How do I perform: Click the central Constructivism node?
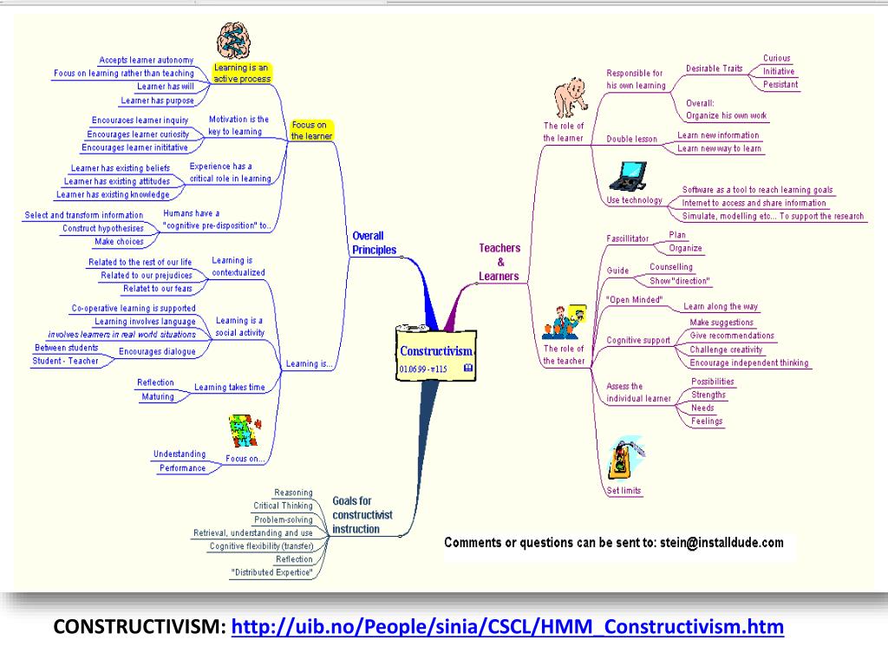click(x=435, y=354)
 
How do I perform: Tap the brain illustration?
click(x=234, y=41)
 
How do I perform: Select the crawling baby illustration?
click(x=571, y=97)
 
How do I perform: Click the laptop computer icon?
click(x=628, y=177)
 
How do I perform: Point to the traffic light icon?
click(x=624, y=458)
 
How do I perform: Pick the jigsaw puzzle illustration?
click(x=245, y=430)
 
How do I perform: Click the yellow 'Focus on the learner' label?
click(x=311, y=130)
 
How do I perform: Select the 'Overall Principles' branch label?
click(x=374, y=243)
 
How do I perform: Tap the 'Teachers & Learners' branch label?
click(x=499, y=262)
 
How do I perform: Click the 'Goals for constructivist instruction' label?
click(x=362, y=515)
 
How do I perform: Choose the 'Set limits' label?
click(x=624, y=491)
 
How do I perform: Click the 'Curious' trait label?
click(x=776, y=58)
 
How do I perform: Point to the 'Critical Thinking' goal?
click(x=283, y=506)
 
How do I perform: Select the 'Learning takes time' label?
click(x=229, y=388)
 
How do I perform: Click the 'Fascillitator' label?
click(x=628, y=238)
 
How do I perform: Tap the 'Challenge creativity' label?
click(x=726, y=349)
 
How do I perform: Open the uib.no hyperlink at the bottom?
click(x=507, y=627)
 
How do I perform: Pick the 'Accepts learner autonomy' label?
click(x=146, y=60)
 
